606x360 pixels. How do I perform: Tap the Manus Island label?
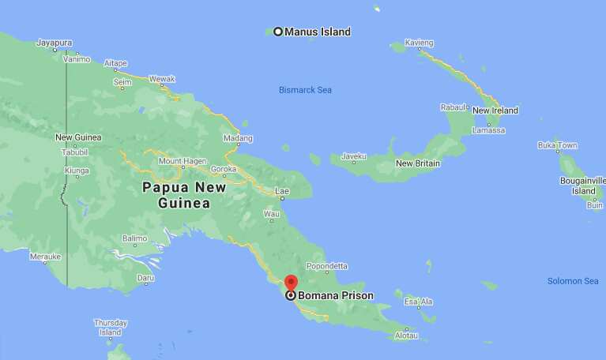pos(317,32)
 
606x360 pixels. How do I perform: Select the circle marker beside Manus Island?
pos(278,32)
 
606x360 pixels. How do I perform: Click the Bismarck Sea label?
pos(305,90)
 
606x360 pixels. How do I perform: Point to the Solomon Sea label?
pos(573,281)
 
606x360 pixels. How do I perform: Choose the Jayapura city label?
pos(55,43)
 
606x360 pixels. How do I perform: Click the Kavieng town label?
pos(419,42)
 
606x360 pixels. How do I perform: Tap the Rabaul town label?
pos(454,107)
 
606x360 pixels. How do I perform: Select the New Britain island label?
pos(417,163)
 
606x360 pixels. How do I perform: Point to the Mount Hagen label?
pos(183,161)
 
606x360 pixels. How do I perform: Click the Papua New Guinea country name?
pos(183,195)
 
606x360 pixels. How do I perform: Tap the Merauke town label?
pos(45,257)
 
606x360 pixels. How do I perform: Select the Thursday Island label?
pos(110,328)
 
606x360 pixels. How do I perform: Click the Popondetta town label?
pos(326,267)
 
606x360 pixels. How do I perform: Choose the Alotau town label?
pos(405,335)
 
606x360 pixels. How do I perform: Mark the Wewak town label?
pos(162,79)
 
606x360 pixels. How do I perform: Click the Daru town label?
pos(145,278)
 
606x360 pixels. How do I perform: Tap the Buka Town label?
pos(557,145)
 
